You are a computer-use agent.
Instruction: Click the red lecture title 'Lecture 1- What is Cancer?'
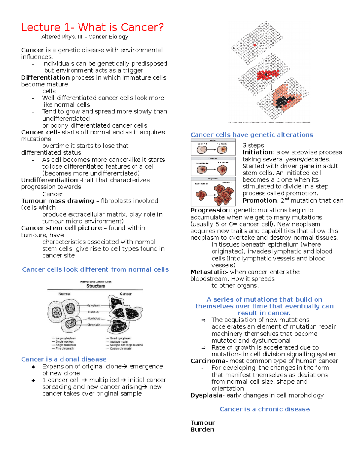pos(92,27)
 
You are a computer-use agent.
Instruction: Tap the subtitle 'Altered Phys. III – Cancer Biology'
pos(85,37)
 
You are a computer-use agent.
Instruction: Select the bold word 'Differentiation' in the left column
pos(45,77)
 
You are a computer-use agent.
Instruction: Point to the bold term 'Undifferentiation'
pos(49,180)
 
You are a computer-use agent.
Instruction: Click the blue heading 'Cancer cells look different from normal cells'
pos(95,269)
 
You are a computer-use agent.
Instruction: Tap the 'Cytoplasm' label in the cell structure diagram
pos(94,305)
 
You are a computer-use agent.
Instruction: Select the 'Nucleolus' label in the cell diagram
pos(94,318)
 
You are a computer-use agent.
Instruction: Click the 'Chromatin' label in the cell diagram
pos(94,325)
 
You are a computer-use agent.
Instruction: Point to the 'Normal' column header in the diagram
pos(64,294)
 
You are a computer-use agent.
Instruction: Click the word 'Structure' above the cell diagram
pos(96,286)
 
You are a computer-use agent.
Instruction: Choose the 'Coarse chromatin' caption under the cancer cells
pos(121,349)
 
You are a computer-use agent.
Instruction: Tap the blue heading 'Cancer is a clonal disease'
pos(64,359)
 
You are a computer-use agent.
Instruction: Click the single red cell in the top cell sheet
pos(255,45)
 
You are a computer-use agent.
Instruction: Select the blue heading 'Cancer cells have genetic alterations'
pos(252,135)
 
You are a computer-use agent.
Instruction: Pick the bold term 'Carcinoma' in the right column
pos(208,361)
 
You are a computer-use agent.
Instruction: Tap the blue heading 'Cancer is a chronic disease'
pos(265,409)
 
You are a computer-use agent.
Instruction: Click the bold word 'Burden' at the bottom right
pos(202,430)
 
